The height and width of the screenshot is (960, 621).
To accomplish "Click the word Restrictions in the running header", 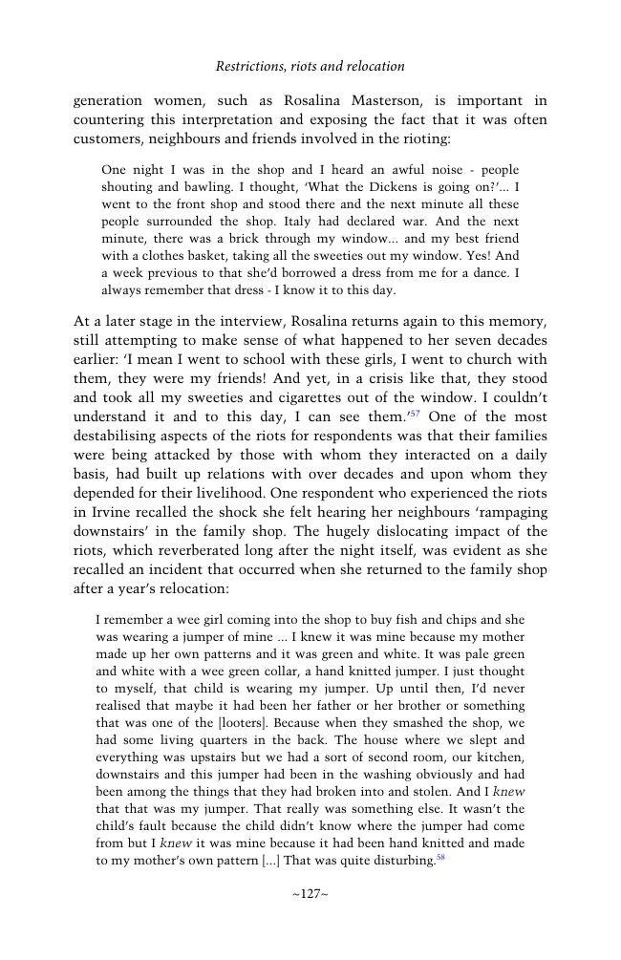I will (x=249, y=67).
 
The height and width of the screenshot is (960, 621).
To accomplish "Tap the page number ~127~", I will (x=310, y=894).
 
